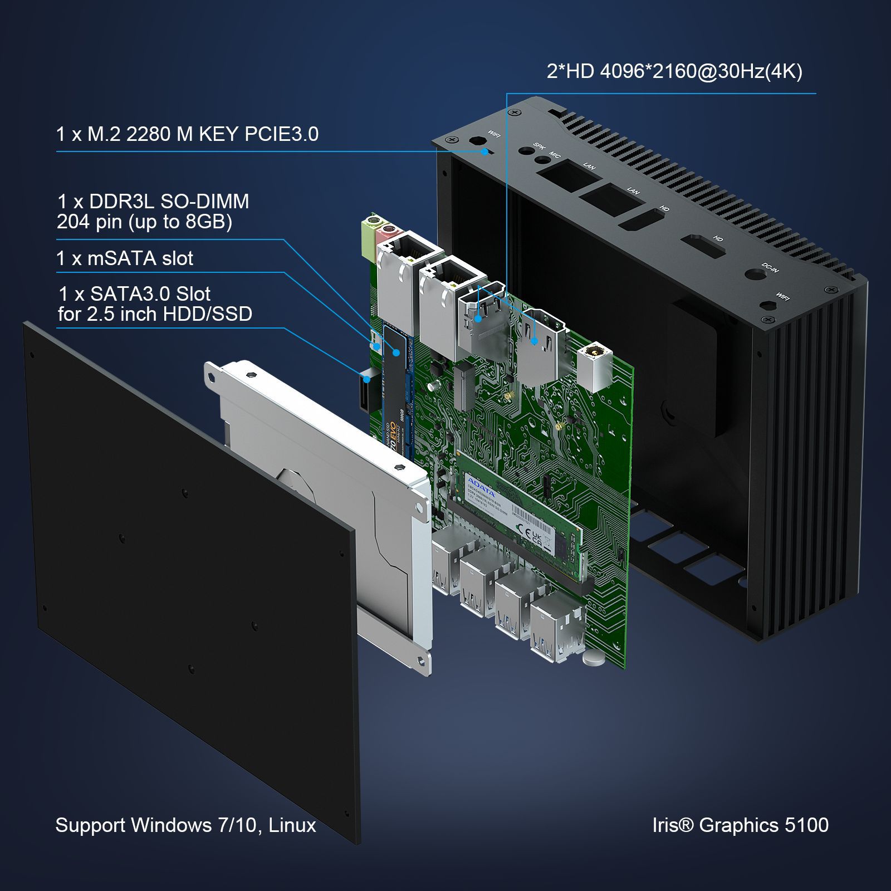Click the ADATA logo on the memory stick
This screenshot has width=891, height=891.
(481, 486)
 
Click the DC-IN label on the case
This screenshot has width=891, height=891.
(770, 268)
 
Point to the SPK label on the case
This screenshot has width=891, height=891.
(538, 146)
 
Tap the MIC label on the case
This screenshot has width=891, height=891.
(555, 155)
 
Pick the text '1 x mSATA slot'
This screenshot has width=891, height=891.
(125, 258)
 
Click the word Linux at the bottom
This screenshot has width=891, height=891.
(292, 825)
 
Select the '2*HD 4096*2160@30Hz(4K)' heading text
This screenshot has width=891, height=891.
(674, 71)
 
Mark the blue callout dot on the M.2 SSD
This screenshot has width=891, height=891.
(396, 353)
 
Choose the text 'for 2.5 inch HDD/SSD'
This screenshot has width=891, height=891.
(155, 314)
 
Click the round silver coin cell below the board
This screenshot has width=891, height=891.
(594, 658)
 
